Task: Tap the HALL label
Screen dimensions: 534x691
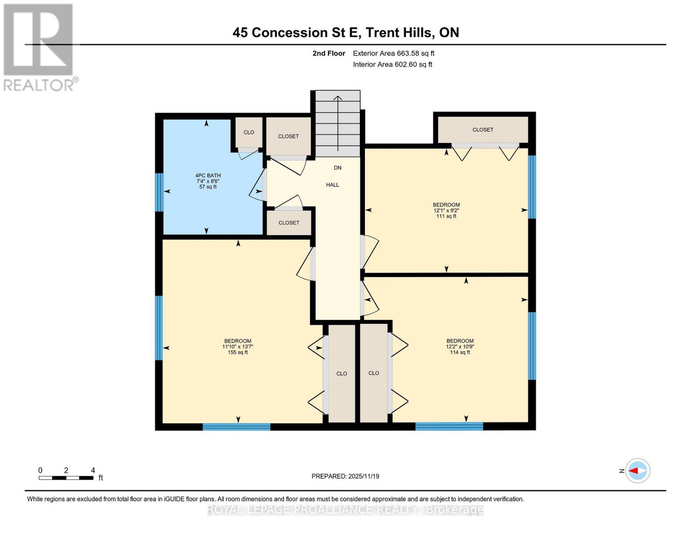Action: (x=332, y=185)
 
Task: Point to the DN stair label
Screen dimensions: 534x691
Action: (x=338, y=168)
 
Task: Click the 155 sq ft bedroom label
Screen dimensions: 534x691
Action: (x=238, y=347)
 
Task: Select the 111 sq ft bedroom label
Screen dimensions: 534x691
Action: (x=446, y=210)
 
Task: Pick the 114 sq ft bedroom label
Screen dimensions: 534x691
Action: (x=460, y=347)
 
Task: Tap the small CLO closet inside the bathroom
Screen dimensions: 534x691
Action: (x=249, y=132)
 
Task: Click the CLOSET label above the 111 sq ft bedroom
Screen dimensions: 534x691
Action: (x=483, y=130)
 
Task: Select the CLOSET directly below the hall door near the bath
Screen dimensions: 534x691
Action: (x=289, y=223)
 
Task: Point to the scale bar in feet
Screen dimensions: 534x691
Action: (x=66, y=477)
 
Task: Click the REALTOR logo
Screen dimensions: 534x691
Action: (x=39, y=47)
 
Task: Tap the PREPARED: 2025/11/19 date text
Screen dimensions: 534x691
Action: (x=345, y=476)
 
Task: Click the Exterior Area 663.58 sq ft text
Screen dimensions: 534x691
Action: (x=393, y=53)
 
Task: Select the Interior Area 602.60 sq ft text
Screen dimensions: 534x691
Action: (x=392, y=65)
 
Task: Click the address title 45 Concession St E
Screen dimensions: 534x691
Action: (x=346, y=32)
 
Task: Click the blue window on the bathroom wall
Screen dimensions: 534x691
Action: (x=159, y=192)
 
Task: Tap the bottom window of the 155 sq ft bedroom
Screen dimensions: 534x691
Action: (x=236, y=427)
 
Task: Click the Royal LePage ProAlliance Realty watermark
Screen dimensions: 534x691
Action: (x=345, y=510)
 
